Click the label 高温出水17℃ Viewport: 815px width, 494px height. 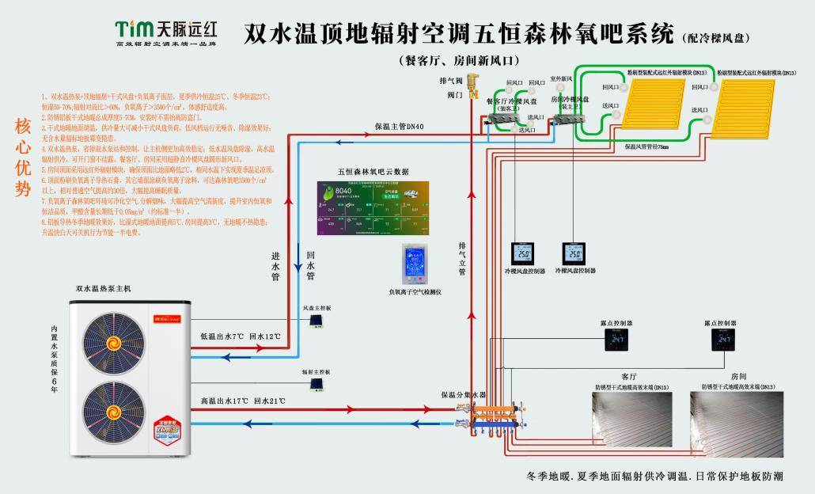pyautogui.click(x=226, y=401)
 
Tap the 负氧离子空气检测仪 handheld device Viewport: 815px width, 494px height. pyautogui.click(x=414, y=265)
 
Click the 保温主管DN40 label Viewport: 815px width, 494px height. pyautogui.click(x=399, y=127)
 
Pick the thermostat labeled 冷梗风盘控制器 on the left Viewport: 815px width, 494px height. pyautogui.click(x=523, y=253)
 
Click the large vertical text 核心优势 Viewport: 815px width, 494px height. pyautogui.click(x=22, y=158)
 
